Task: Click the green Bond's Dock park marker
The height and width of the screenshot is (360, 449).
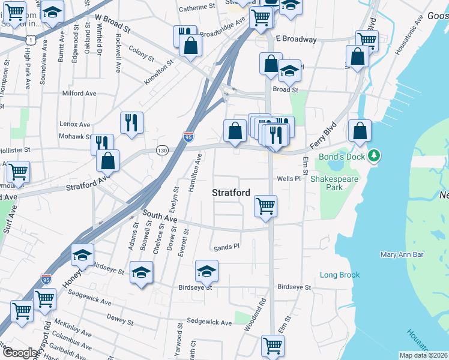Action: pyautogui.click(x=375, y=157)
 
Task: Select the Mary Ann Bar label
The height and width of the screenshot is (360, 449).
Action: pyautogui.click(x=402, y=254)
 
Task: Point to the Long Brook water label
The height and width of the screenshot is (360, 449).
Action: pyautogui.click(x=339, y=275)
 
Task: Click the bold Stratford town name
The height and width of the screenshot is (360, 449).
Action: pyautogui.click(x=231, y=193)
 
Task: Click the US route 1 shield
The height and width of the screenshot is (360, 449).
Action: pyautogui.click(x=30, y=38)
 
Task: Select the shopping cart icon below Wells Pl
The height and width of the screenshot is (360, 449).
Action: pyautogui.click(x=265, y=206)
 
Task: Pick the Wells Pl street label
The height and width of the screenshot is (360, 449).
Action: pyautogui.click(x=288, y=179)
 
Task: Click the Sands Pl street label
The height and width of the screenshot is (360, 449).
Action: pyautogui.click(x=226, y=247)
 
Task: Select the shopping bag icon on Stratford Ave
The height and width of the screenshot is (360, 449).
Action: pyautogui.click(x=107, y=160)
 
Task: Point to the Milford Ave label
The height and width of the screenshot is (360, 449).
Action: pyautogui.click(x=79, y=94)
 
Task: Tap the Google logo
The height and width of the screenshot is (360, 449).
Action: pyautogui.click(x=20, y=353)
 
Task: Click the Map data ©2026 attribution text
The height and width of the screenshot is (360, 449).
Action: pyautogui.click(x=424, y=355)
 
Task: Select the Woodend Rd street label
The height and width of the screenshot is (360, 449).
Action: pyautogui.click(x=255, y=316)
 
